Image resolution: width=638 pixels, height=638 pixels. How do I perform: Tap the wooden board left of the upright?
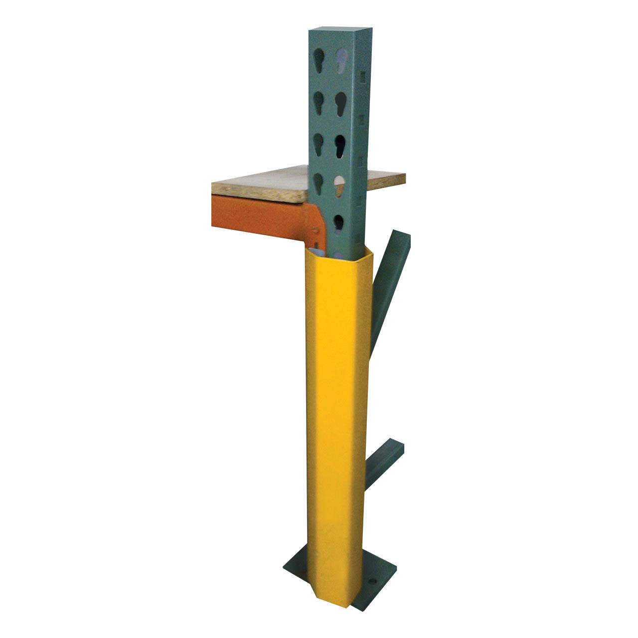point(259,188)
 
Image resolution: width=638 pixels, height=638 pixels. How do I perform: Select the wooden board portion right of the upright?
point(386,180)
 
